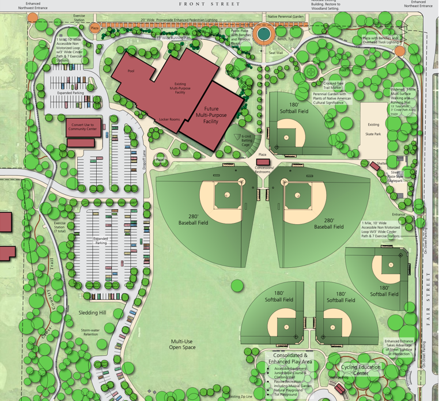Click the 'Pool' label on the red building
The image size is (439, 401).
[131, 71]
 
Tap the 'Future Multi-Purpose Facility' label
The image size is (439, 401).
[211, 115]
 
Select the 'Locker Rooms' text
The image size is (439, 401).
[169, 119]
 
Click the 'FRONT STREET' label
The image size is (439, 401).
[209, 4]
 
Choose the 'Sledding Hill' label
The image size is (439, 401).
[92, 312]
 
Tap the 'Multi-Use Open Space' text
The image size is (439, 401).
[183, 345]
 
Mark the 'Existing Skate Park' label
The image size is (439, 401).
[373, 129]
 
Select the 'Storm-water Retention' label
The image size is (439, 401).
[90, 332]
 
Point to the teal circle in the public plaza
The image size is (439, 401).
[263, 35]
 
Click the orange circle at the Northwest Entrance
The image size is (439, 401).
[33, 18]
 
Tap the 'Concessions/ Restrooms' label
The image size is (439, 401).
[264, 170]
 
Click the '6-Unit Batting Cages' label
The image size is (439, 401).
[247, 140]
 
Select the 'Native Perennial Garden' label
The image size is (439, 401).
[286, 17]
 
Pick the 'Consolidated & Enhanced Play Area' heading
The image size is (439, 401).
[286, 359]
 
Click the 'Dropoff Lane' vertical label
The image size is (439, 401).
[145, 158]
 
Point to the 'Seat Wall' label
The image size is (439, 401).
[276, 53]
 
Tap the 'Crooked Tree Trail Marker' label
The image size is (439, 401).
[334, 86]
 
